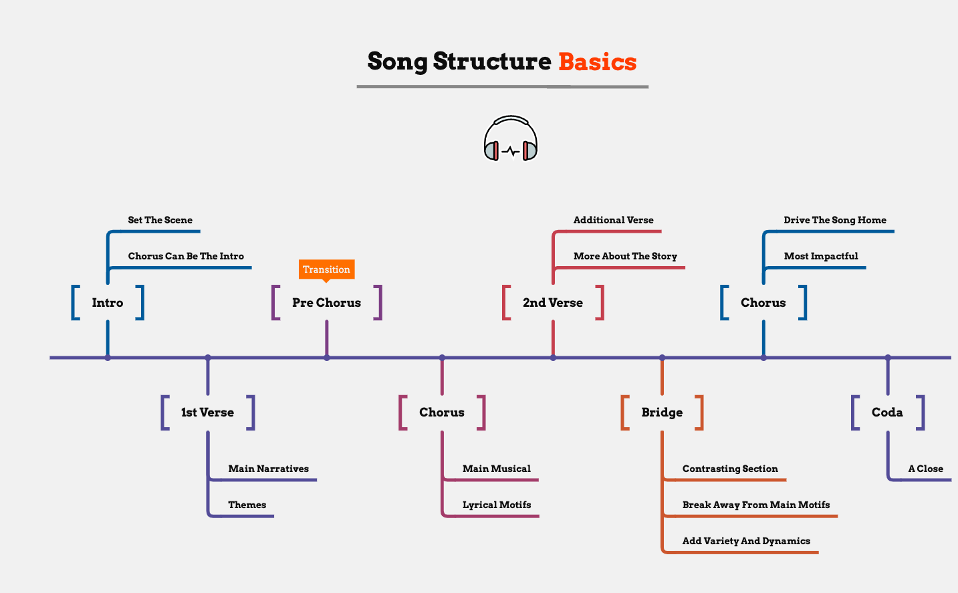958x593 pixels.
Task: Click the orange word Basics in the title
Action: (597, 62)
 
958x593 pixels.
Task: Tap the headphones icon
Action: (511, 139)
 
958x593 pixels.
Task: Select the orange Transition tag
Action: (326, 269)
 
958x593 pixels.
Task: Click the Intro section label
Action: (108, 303)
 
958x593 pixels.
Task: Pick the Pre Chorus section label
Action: (326, 303)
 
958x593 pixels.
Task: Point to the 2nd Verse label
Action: (553, 303)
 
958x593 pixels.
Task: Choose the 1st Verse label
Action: (207, 412)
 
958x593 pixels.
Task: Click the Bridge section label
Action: (662, 412)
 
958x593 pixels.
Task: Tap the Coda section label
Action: (887, 412)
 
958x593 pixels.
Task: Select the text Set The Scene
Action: (160, 220)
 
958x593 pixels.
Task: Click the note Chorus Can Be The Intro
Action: (186, 256)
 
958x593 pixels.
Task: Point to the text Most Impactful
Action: (821, 256)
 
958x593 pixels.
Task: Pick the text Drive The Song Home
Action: (835, 220)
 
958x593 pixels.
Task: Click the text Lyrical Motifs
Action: (497, 505)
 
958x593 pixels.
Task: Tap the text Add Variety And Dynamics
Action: (746, 541)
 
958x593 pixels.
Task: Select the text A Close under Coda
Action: (925, 469)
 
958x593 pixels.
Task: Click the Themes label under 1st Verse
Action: (247, 505)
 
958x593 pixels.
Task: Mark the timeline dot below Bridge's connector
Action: (662, 358)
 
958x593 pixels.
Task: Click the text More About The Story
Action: (625, 256)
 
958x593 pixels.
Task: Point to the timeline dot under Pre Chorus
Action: (327, 358)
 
